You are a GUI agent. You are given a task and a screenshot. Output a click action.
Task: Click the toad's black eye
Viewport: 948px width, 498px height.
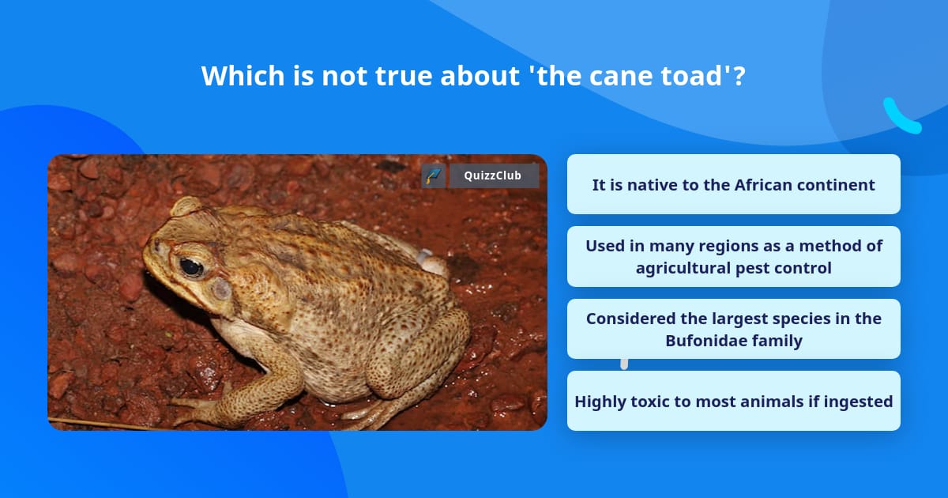tap(190, 267)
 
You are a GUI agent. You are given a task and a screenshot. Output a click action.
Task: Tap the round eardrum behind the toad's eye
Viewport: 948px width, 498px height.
tap(222, 289)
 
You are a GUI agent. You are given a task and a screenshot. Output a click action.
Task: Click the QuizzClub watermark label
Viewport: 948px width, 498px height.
tap(494, 175)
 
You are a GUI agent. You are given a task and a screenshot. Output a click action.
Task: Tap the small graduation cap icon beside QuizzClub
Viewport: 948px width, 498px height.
tap(434, 175)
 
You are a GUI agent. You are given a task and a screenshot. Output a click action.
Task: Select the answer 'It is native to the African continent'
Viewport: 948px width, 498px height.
tap(733, 185)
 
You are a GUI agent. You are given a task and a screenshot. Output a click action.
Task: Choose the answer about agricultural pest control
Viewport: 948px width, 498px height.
tap(733, 257)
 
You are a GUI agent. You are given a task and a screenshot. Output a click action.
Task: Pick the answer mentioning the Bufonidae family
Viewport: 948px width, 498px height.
tap(733, 330)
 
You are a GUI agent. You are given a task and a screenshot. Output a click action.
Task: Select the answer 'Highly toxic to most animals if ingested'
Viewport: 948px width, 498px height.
tap(733, 402)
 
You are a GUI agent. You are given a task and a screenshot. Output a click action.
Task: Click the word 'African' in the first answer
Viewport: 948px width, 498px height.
tap(766, 185)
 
